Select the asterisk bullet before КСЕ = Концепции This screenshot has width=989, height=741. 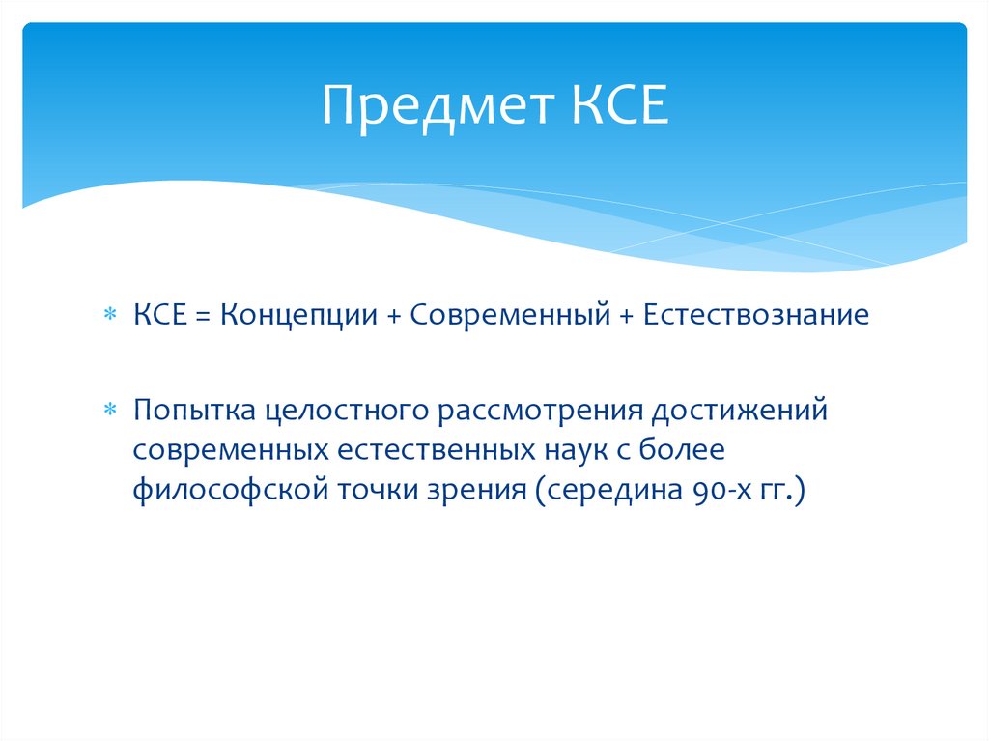pos(111,316)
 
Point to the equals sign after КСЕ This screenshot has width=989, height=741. pos(205,316)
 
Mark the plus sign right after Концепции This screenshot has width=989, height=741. pos(396,316)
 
